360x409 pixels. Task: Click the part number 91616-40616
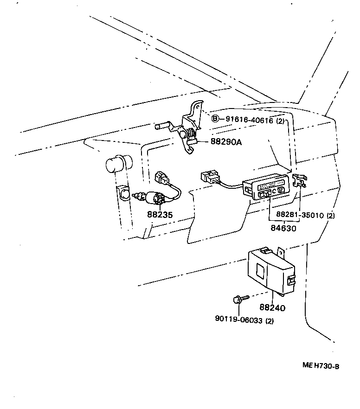(249, 120)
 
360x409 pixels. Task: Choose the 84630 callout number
(283, 228)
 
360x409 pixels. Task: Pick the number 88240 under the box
(272, 307)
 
